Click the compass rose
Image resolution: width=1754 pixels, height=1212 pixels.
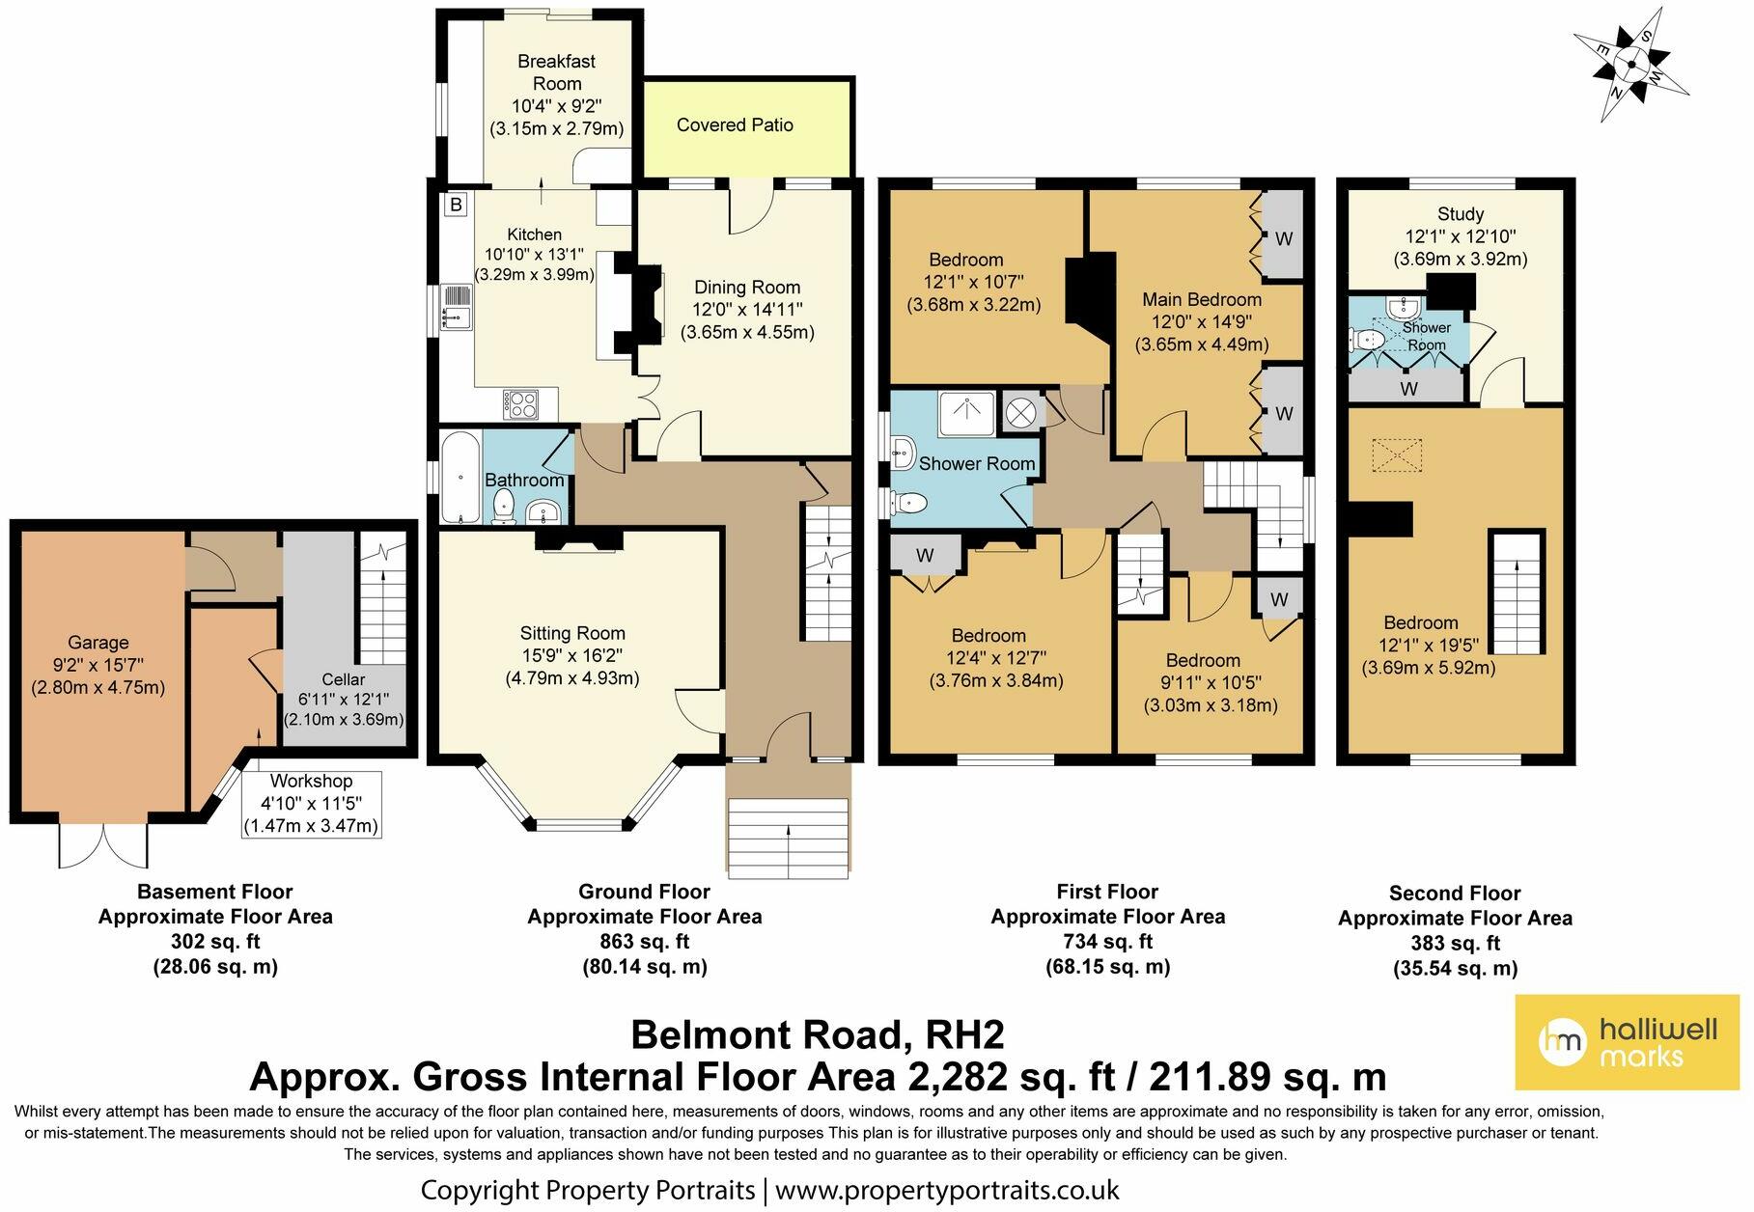[1631, 66]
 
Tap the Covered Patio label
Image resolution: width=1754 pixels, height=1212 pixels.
[735, 125]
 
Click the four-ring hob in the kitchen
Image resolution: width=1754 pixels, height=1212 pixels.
[521, 403]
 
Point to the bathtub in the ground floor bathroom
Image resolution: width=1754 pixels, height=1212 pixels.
[460, 478]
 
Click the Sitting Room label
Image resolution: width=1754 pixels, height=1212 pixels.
[572, 634]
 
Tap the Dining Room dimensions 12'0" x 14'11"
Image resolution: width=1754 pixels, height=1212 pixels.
[747, 310]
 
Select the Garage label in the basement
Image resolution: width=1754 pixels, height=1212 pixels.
[97, 643]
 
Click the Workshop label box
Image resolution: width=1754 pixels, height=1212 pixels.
[311, 804]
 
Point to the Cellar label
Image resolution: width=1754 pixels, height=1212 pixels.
[343, 680]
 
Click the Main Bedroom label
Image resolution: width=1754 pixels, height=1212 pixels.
[1202, 299]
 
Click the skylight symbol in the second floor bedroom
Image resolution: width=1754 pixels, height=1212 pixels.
[1397, 454]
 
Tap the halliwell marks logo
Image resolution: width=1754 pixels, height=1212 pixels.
[1626, 1042]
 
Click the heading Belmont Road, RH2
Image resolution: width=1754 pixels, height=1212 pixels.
[818, 1035]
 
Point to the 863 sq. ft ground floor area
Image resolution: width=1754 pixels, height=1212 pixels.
[645, 942]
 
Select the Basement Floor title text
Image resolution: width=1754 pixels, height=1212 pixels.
[214, 893]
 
